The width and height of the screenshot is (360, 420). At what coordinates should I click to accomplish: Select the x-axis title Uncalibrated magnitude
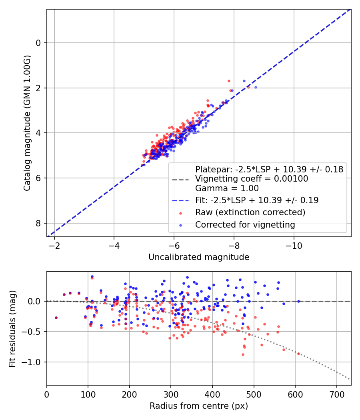pyautogui.click(x=199, y=257)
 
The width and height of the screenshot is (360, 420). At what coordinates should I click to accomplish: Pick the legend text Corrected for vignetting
pyautogui.click(x=245, y=225)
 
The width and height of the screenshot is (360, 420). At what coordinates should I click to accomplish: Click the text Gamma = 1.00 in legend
pyautogui.click(x=227, y=188)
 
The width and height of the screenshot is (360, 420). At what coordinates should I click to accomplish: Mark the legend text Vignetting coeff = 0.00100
pyautogui.click(x=252, y=179)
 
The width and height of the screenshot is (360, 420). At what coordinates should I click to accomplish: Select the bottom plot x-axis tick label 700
pyautogui.click(x=336, y=394)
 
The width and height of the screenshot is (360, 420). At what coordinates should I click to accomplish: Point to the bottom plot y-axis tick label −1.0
pyautogui.click(x=33, y=362)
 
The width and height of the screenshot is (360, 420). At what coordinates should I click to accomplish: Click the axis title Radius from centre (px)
pyautogui.click(x=199, y=406)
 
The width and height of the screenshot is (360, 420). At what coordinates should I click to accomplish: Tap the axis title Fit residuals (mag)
pyautogui.click(x=12, y=328)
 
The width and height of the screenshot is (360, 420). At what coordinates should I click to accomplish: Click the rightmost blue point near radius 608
pyautogui.click(x=298, y=301)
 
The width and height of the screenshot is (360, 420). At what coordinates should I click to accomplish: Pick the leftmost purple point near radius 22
pyautogui.click(x=56, y=318)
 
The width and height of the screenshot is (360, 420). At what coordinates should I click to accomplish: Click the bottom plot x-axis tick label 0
pyautogui.click(x=47, y=394)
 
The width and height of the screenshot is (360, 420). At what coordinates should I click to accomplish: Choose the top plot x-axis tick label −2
pyautogui.click(x=54, y=244)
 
